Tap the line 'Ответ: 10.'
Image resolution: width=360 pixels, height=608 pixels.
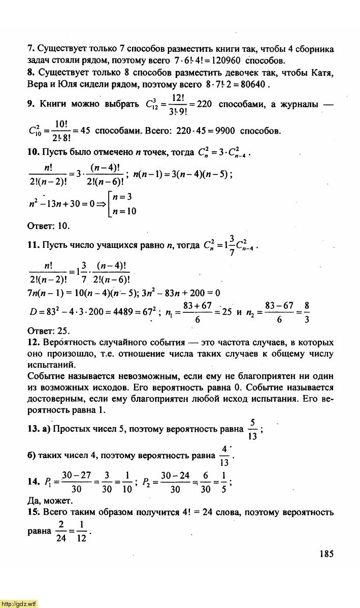pos(48,226)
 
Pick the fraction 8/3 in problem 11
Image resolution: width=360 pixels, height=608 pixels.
pos(307,312)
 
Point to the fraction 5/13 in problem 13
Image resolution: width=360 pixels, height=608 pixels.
pos(252,429)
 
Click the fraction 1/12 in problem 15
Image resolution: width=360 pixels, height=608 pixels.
pos(81,531)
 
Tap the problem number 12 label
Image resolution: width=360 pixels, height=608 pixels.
pos(33,342)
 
